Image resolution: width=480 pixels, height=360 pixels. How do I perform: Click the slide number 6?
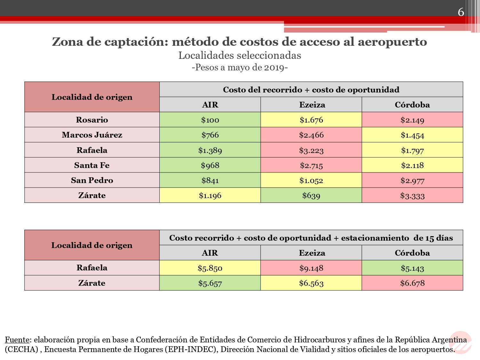(x=461, y=12)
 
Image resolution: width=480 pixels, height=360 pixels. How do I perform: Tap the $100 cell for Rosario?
(x=210, y=120)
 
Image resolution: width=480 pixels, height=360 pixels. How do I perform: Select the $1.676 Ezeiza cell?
(x=311, y=120)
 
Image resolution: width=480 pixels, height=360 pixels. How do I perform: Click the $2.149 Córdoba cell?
(x=412, y=120)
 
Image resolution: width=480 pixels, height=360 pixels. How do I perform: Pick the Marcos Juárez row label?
(x=92, y=135)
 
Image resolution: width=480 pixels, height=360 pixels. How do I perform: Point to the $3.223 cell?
(x=311, y=150)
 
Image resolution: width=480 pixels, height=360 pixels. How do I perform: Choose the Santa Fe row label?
(x=92, y=165)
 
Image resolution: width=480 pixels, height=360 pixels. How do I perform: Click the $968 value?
(x=210, y=165)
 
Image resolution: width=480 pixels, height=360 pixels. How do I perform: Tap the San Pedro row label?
(x=92, y=180)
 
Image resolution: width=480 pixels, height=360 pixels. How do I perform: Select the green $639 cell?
(x=311, y=195)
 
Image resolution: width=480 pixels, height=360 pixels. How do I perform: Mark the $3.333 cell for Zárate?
(x=412, y=196)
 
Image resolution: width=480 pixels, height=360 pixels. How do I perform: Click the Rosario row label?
(x=92, y=120)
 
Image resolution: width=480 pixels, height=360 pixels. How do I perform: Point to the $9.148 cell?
(x=311, y=268)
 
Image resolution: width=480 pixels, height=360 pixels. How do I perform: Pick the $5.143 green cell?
(x=412, y=268)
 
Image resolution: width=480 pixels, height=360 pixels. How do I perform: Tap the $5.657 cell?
(x=210, y=283)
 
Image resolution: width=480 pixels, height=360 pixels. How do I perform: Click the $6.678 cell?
(x=412, y=283)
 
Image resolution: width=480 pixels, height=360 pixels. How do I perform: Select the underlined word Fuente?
(x=17, y=340)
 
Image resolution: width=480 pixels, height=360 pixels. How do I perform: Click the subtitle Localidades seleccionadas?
(x=240, y=55)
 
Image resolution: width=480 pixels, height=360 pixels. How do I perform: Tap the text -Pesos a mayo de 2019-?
(x=240, y=68)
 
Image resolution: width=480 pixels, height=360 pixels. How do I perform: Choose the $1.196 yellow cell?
(x=210, y=195)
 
